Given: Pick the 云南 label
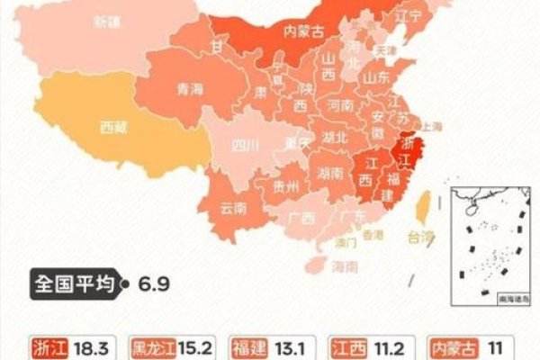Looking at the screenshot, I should point(234,208).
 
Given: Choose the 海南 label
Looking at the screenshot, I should point(344,267).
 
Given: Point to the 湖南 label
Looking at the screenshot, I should point(330,173).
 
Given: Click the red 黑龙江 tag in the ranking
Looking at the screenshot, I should point(157,347).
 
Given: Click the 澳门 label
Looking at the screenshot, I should point(345,241).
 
